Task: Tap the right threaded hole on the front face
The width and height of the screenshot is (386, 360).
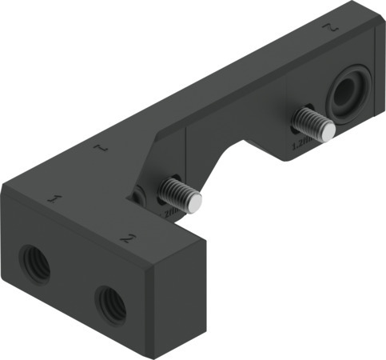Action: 109,301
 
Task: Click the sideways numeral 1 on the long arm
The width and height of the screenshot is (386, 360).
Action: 100,148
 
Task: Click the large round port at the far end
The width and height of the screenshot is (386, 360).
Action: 349,94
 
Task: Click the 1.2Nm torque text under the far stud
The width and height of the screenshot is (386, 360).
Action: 300,145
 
